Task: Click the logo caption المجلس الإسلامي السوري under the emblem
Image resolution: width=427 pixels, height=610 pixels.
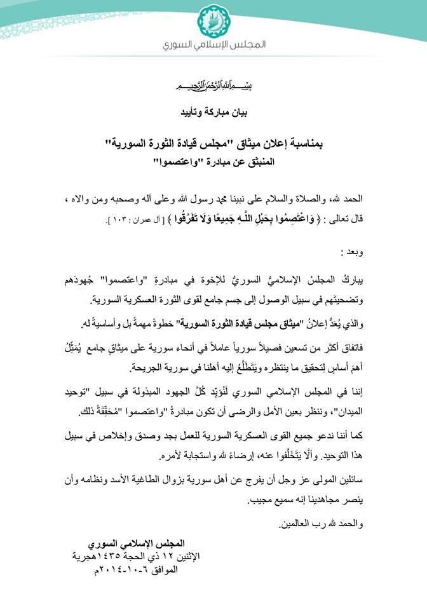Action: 213,46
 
